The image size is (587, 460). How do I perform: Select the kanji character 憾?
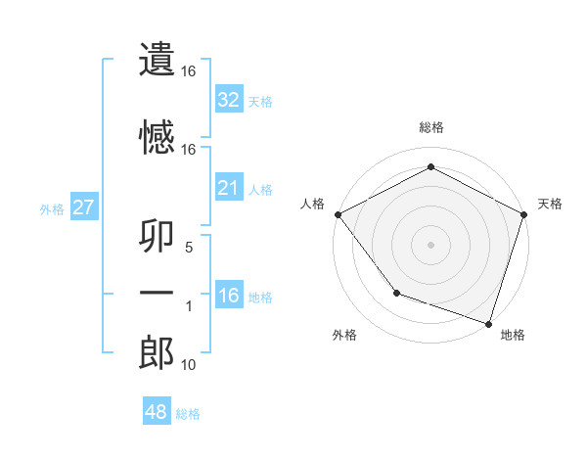[157, 136]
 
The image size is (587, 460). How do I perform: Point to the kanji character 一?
[157, 294]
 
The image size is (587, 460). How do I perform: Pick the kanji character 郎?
[157, 352]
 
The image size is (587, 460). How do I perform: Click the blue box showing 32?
[229, 100]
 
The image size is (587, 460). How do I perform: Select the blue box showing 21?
[229, 188]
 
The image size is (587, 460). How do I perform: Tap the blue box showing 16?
[229, 296]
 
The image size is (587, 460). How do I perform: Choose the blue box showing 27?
[83, 207]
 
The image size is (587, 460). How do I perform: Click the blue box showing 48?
[157, 412]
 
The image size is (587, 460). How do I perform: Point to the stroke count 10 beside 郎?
[189, 365]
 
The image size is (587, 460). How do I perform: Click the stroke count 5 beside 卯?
[189, 248]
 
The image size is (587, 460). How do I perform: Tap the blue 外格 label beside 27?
[52, 208]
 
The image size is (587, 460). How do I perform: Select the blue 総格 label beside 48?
[188, 414]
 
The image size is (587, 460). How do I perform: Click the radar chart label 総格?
[430, 127]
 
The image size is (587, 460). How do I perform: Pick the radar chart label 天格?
[550, 204]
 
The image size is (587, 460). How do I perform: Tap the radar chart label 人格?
[312, 204]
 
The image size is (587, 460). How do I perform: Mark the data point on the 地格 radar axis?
[488, 323]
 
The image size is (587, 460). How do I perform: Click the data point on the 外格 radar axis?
[396, 292]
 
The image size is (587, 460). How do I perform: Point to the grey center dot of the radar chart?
[430, 244]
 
